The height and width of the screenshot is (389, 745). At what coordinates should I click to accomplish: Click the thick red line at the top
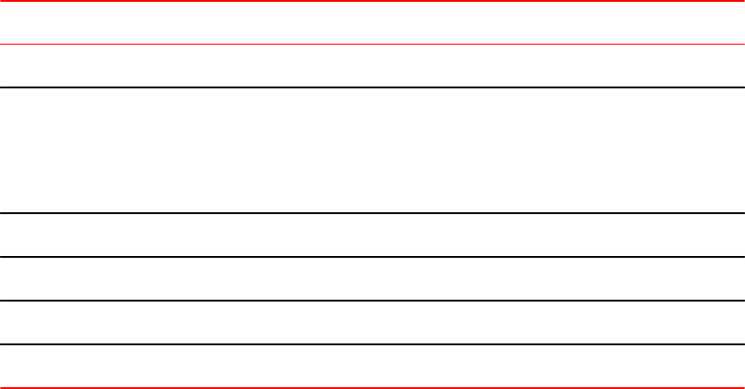(372, 2)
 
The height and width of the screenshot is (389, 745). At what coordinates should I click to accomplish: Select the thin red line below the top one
(372, 44)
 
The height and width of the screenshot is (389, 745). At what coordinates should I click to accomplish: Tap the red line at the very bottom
(372, 387)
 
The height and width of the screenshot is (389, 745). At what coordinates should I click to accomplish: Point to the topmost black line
(372, 87)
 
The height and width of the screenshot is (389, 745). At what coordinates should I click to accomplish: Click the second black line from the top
(372, 213)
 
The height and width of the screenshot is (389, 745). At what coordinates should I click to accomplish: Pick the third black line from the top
(372, 257)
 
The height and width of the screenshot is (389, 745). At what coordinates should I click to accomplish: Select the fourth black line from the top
(372, 301)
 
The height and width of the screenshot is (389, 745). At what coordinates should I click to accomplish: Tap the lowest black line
(372, 344)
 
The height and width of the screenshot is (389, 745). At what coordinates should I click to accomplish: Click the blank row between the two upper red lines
(372, 23)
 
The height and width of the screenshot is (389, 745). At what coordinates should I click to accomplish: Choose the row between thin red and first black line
(372, 66)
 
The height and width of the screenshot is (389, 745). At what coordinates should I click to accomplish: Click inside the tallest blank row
(372, 150)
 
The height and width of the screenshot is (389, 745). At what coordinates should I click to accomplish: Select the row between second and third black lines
(372, 235)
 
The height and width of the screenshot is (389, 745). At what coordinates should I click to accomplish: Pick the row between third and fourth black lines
(372, 279)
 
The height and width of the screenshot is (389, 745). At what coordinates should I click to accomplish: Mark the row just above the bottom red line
(372, 365)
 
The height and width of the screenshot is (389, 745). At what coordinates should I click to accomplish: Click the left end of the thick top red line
(3, 2)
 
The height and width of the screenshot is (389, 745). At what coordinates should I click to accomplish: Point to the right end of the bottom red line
(741, 387)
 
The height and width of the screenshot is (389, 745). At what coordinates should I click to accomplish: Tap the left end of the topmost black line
(3, 87)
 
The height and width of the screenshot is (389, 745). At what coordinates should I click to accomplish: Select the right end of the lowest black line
(741, 344)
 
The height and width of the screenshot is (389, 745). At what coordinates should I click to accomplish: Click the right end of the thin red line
(741, 44)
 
